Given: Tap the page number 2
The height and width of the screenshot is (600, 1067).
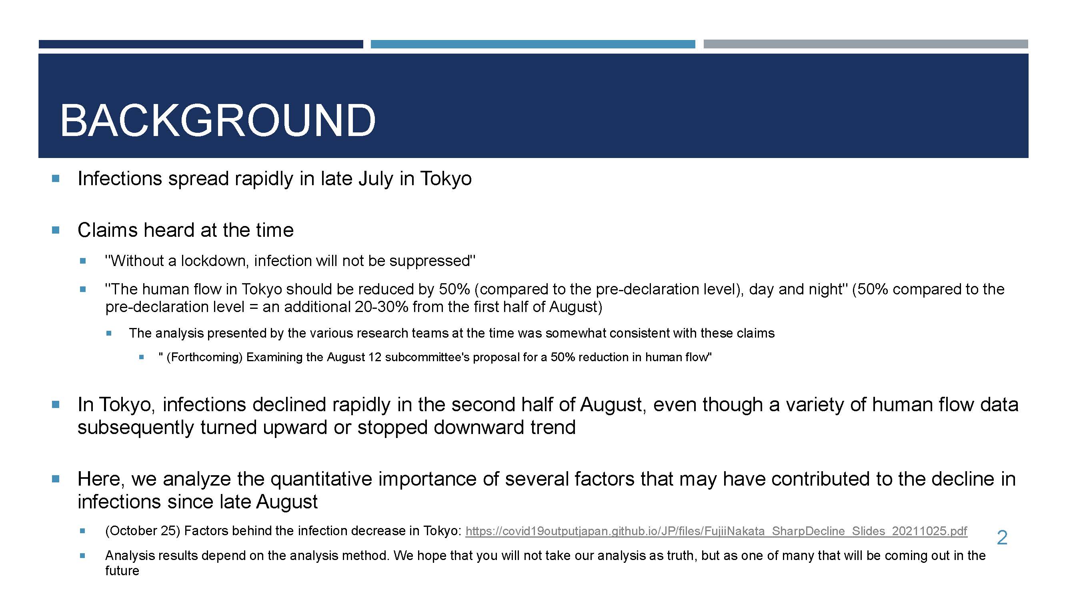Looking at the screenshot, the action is pos(1002,538).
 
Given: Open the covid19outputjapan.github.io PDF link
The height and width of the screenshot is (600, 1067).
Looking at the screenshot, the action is pos(716,531).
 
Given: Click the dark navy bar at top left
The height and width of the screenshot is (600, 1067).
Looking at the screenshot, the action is pos(201,44).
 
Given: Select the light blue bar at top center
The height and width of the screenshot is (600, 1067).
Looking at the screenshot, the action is pos(532,44).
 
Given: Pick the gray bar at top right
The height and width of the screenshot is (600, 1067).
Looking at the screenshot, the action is pos(866,44).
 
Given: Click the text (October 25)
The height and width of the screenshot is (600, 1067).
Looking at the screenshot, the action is pos(142,531).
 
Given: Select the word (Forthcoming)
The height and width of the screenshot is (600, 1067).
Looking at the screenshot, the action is pos(204,357).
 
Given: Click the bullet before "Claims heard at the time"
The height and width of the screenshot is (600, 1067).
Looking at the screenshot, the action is pos(56,230).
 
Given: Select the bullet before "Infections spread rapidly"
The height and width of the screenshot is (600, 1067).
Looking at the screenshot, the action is pos(56,179).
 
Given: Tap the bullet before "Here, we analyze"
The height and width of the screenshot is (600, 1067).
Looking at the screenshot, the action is pos(56,479).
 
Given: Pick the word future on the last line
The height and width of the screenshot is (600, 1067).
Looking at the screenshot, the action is pos(122,571).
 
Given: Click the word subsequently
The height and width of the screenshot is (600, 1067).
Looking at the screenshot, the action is pos(136,427).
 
